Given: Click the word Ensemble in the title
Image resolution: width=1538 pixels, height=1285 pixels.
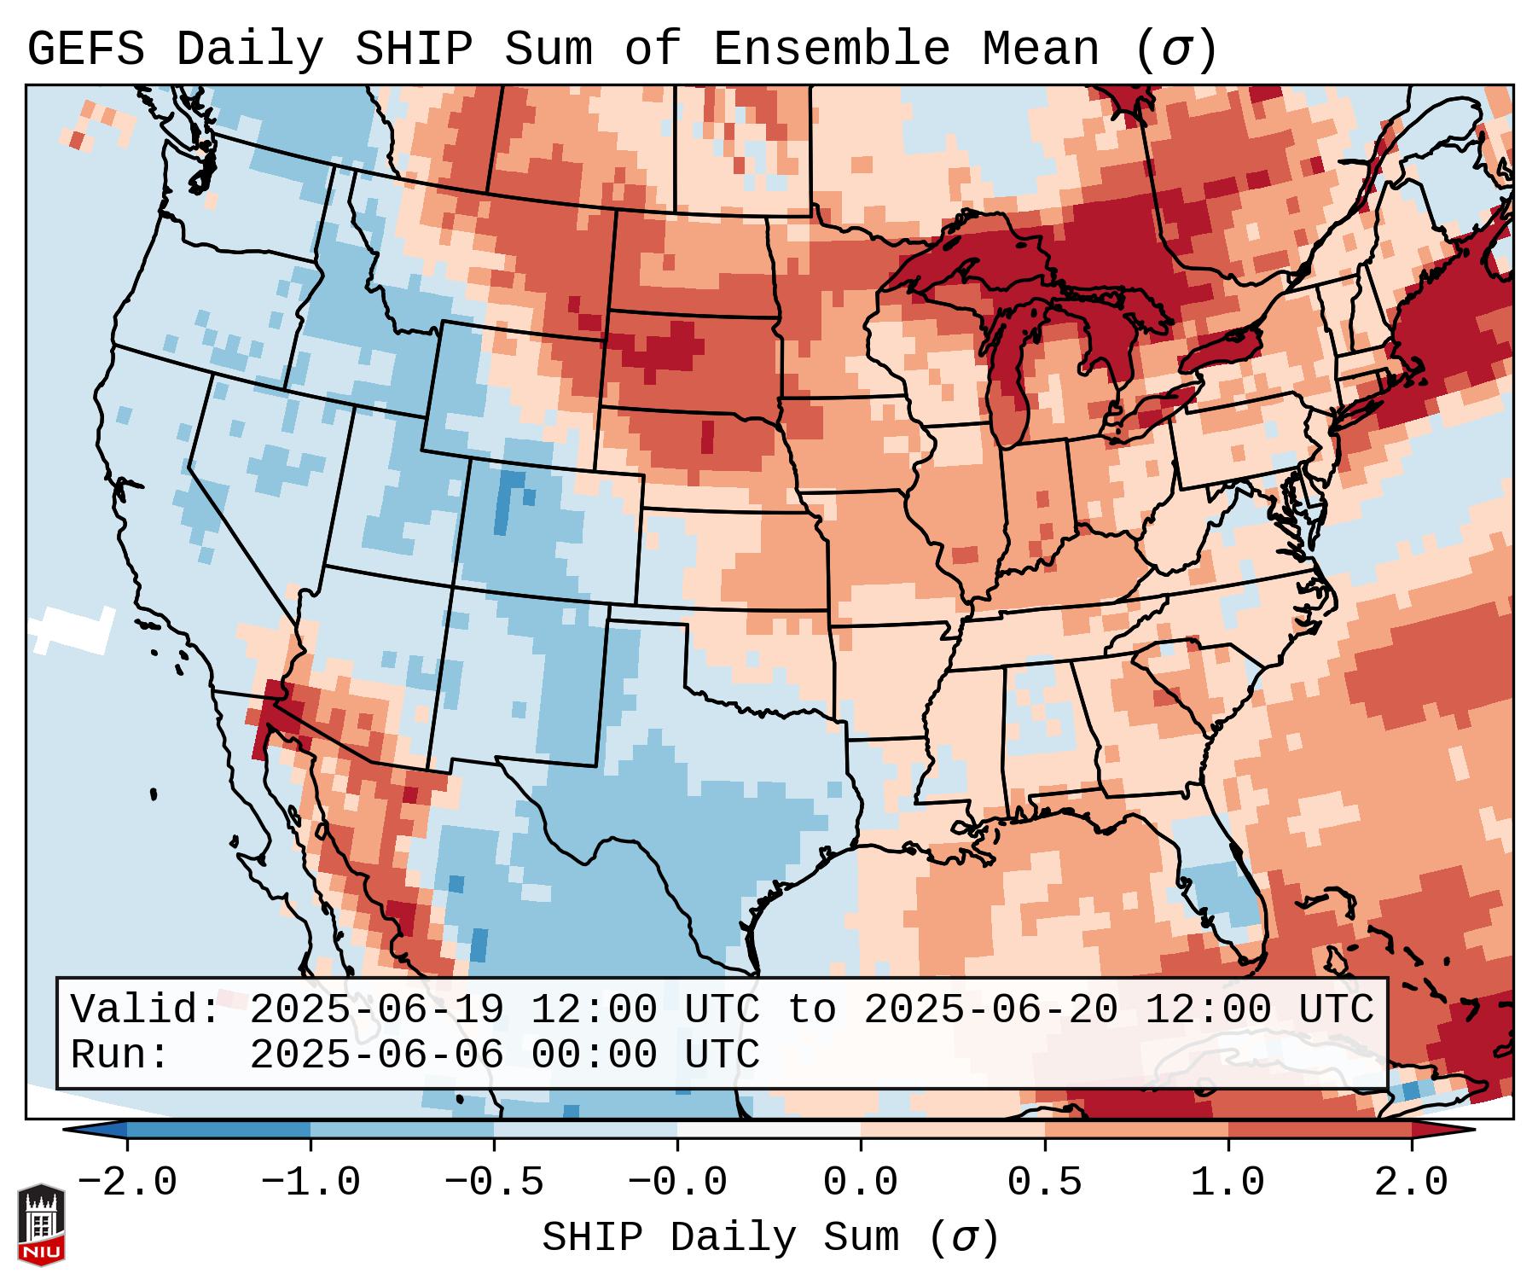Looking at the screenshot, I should click(x=831, y=49).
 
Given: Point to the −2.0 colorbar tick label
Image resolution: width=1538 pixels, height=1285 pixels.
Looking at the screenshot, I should click(x=127, y=1183).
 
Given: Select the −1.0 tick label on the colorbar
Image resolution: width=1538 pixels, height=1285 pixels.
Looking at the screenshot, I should click(x=311, y=1183).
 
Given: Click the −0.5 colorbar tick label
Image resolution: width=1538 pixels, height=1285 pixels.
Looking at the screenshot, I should click(x=494, y=1183).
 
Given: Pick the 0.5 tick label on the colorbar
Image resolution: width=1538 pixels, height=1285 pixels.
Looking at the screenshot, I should click(x=1044, y=1183).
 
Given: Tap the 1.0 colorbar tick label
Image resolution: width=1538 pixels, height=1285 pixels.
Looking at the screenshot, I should click(x=1227, y=1183).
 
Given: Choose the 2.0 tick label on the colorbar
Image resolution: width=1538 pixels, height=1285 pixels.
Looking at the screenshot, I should click(x=1411, y=1183).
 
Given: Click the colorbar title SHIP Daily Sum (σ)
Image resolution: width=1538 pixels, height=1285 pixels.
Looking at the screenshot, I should click(x=769, y=1237).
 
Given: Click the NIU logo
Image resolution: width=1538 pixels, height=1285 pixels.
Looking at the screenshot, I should click(x=41, y=1224).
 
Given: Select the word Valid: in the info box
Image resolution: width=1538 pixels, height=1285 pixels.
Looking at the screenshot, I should click(x=146, y=1009).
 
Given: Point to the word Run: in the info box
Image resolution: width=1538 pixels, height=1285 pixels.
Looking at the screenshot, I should click(x=120, y=1055).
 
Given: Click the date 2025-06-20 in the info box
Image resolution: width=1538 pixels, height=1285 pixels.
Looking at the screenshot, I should click(x=990, y=1009).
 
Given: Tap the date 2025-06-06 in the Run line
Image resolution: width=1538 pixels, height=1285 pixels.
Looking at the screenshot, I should click(x=376, y=1055).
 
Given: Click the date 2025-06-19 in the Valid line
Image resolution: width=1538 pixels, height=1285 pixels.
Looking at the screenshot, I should click(x=376, y=1009).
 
